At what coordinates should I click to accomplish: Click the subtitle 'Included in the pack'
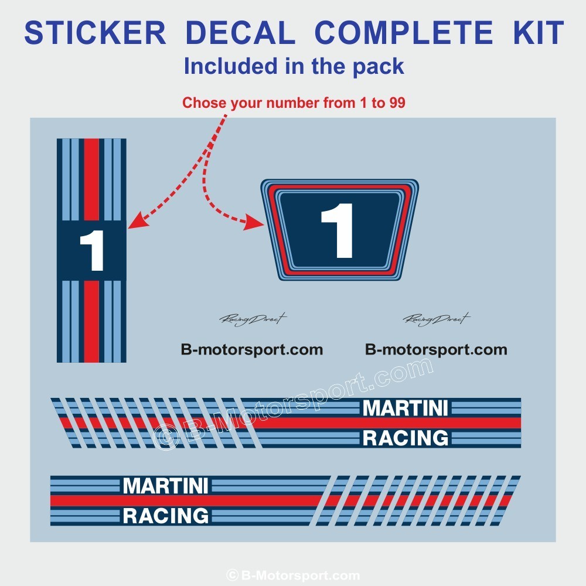click(x=294, y=66)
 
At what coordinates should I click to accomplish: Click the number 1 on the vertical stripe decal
click(x=91, y=251)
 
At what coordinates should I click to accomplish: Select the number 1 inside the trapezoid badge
click(x=338, y=231)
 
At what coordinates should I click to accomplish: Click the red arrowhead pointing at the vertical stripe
click(x=135, y=222)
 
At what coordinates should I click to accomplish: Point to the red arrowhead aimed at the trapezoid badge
click(x=257, y=222)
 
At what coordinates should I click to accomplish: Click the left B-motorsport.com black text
click(x=252, y=350)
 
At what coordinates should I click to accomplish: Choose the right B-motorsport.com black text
click(x=436, y=350)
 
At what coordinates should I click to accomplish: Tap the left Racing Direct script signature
click(x=253, y=319)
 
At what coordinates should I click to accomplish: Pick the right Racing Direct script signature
click(x=437, y=319)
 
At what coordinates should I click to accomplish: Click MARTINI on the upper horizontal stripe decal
click(x=406, y=408)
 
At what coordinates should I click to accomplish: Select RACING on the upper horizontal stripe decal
click(x=406, y=438)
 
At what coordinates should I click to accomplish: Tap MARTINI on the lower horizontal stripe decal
click(x=166, y=486)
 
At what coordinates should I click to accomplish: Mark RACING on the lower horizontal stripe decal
click(x=166, y=516)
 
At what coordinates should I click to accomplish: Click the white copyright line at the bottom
click(x=293, y=575)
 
